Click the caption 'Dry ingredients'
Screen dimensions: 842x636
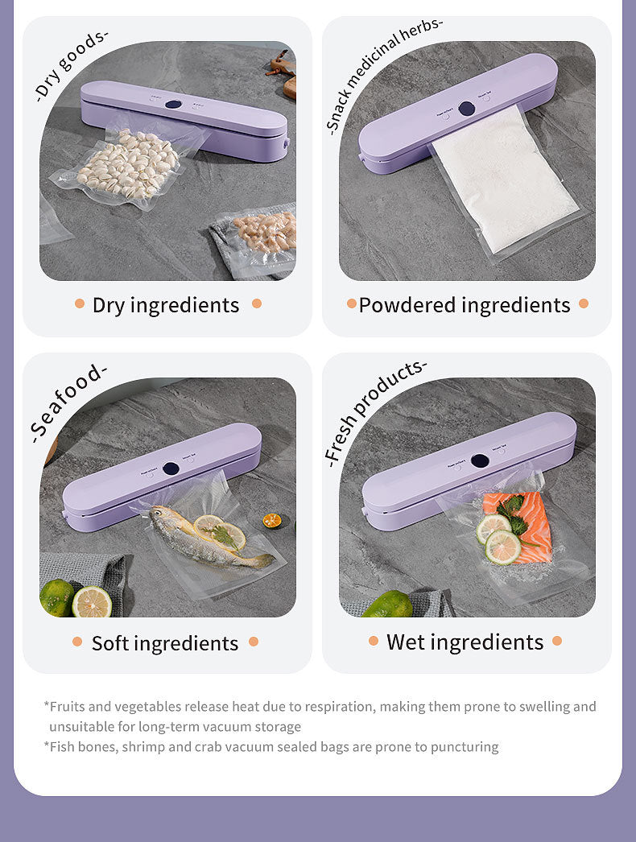pos(166,305)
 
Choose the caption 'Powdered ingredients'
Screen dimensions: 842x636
pos(465,305)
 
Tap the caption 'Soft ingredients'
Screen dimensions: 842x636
pos(165,643)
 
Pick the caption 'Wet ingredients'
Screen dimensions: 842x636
pos(465,642)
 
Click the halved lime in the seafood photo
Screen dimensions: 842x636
pos(92,602)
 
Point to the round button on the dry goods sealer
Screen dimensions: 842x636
pos(173,105)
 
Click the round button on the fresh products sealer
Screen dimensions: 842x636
pos(480,461)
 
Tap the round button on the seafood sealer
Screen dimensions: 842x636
pos(171,468)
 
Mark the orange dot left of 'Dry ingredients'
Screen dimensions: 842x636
pos(80,303)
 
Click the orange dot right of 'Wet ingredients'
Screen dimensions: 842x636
pos(557,642)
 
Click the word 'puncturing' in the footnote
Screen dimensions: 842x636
pos(465,747)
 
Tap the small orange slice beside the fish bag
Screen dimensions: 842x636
pos(272,521)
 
